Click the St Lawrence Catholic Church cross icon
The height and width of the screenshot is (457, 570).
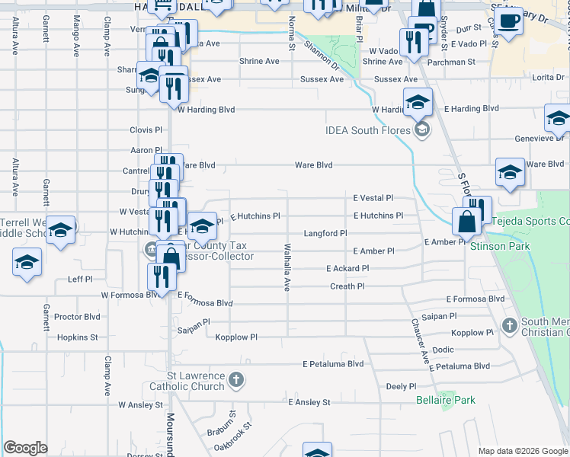tap(236, 379)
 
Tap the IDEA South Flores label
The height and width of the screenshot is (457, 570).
tap(369, 130)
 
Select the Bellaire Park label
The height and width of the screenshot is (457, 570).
tap(446, 400)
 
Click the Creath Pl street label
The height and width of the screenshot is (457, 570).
tap(347, 286)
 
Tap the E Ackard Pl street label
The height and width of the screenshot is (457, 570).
tap(347, 269)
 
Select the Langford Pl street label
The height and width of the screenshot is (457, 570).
tap(325, 233)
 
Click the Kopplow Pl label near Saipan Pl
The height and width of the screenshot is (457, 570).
tap(236, 337)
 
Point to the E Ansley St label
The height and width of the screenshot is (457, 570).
tap(309, 401)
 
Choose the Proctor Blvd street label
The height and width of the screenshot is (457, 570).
tap(78, 316)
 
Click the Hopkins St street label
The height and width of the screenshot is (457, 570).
tap(78, 337)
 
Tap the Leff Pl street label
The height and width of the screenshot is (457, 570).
tap(80, 280)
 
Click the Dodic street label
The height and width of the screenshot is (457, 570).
tap(443, 350)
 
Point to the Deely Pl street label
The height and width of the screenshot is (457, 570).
tap(400, 386)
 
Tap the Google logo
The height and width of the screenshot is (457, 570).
tap(26, 448)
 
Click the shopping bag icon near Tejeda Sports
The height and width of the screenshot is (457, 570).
tap(466, 222)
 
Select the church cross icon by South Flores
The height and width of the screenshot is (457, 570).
tap(511, 326)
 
